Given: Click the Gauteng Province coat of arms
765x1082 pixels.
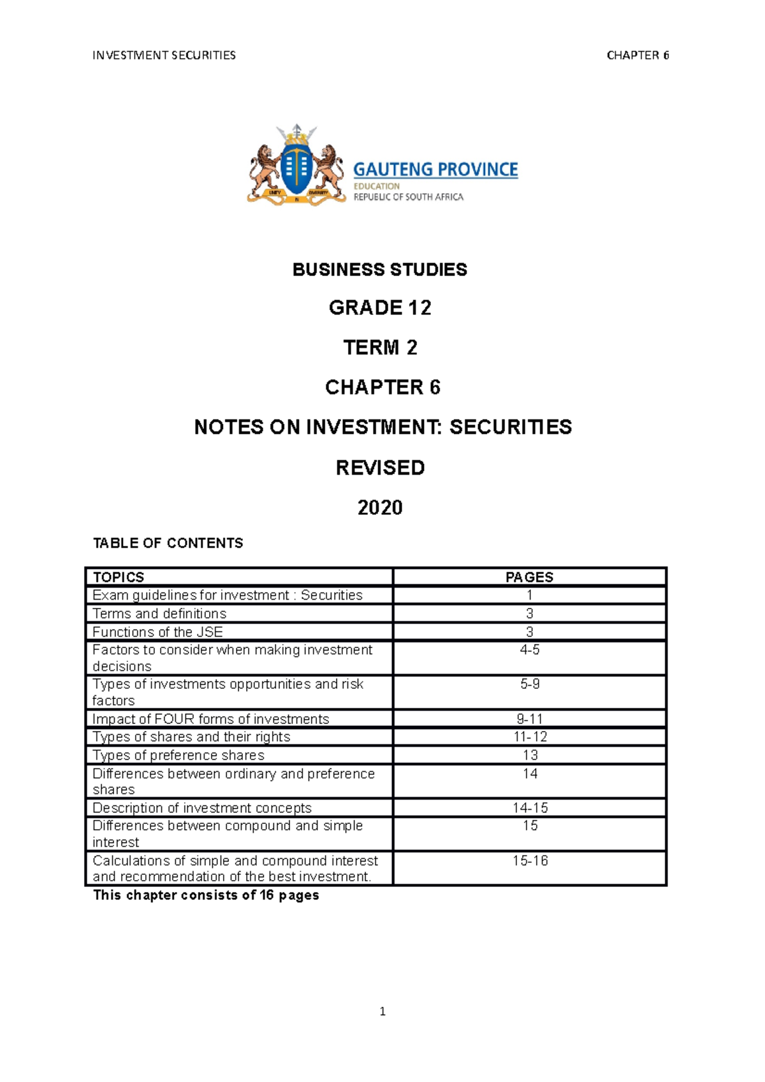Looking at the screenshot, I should point(296,167).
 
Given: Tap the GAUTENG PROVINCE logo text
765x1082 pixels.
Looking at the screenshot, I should point(435,170).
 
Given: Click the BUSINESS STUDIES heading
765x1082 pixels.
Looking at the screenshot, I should point(380,270).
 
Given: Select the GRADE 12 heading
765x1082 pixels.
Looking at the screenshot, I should point(380,308).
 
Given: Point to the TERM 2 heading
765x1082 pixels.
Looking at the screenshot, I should point(380,347).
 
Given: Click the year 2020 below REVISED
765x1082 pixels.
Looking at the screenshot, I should point(380,507).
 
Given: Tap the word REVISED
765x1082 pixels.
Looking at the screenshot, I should point(380,468).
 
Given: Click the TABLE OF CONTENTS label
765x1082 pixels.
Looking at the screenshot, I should point(168,543).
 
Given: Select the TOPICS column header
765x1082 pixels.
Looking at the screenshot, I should point(119,577).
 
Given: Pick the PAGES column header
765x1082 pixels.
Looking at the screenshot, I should point(529,577).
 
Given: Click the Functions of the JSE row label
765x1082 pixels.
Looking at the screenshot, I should point(157,632).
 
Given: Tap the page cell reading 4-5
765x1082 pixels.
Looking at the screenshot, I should point(529,650).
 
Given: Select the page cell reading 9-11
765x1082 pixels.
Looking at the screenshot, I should point(529,719).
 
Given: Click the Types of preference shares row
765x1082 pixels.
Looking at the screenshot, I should point(178,755).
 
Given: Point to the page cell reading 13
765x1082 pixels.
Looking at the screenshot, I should point(530,755).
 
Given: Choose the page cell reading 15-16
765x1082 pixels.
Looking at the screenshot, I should point(530,861).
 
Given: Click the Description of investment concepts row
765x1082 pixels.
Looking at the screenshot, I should point(202,808).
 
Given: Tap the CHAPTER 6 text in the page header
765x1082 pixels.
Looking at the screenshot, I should point(637,55).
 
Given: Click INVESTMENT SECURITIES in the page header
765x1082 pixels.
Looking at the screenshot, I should point(164,55).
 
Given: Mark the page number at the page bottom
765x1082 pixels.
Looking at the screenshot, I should point(382,1011).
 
